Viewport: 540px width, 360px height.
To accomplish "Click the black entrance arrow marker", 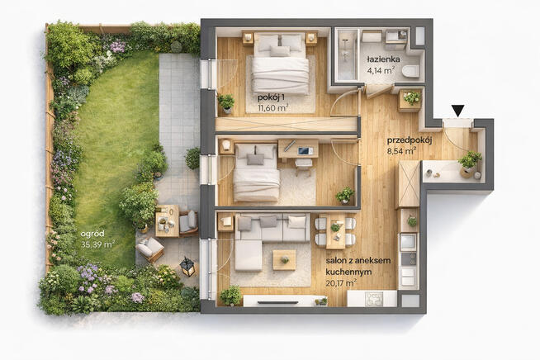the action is [458, 111].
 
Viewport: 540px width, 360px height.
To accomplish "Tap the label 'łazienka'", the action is [383, 59].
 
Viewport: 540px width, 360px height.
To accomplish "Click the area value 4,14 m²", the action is [381, 71].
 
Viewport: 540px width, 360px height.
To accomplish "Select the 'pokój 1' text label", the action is [271, 97].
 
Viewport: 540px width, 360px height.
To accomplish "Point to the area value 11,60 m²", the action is [272, 108].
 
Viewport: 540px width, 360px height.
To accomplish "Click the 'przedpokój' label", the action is [410, 140].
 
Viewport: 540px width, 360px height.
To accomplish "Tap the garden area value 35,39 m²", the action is [97, 244].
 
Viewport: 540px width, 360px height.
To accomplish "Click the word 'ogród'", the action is [92, 234].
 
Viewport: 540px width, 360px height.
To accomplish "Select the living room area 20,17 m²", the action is [341, 283].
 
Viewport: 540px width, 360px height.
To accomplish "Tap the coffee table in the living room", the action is [284, 260].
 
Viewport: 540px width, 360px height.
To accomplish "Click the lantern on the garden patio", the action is [188, 267].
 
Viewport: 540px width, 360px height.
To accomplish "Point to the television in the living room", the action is [277, 302].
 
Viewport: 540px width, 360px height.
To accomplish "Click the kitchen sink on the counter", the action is [374, 298].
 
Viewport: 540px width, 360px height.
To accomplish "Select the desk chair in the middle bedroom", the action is [303, 166].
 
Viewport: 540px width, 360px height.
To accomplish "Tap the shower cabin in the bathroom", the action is [346, 54].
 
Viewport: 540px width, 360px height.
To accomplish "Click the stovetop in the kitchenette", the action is [408, 258].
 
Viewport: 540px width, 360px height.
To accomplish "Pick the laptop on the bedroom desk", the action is [306, 150].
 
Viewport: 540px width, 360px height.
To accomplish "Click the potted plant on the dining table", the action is [335, 227].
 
